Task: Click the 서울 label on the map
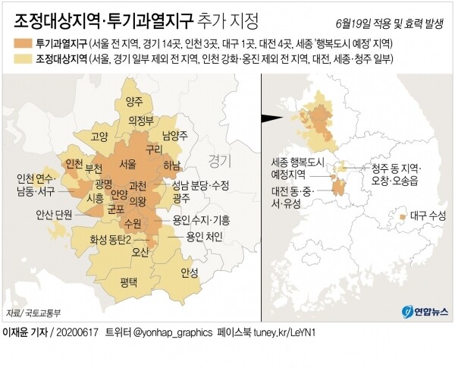coord(127,164)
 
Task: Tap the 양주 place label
coord(134,102)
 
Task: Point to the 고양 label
coord(99,137)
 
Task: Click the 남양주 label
coord(174,136)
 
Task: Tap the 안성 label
coord(190,272)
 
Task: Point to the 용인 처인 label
coord(205,236)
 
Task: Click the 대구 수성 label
coord(427,215)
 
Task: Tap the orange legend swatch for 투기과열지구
coord(24,44)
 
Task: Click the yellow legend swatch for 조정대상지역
coord(24,59)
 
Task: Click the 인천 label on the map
coord(74,164)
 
